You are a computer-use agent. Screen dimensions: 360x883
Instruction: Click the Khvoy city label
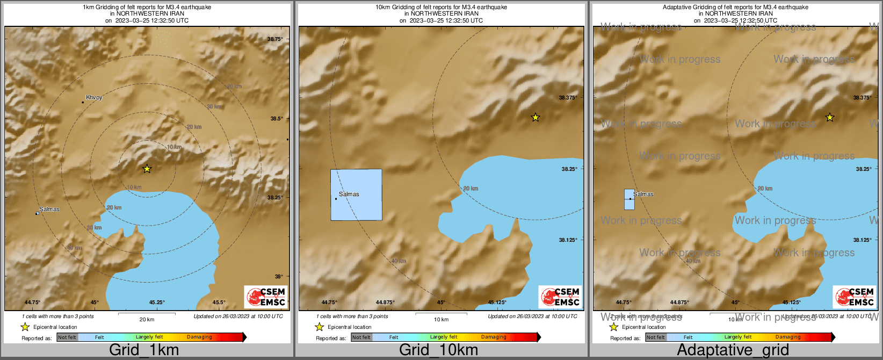point(94,98)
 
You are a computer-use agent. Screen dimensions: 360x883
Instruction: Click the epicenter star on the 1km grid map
point(147,169)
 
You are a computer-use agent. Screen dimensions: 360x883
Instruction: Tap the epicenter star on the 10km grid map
point(535,117)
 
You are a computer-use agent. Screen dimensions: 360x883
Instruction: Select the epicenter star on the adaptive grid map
point(830,117)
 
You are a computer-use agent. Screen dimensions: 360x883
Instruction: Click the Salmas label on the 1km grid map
point(49,209)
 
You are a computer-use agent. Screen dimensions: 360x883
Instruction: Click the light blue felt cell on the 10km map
point(356,195)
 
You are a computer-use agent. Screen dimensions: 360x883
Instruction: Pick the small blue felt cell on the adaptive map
point(629,199)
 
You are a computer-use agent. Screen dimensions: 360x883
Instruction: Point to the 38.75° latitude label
point(275,39)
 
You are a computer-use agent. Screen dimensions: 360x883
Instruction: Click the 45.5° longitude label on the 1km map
point(219,303)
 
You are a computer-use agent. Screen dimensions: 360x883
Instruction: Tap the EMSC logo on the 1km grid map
point(266,297)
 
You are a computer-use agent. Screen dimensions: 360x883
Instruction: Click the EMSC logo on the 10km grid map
point(560,297)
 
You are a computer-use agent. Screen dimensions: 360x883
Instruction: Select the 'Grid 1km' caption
point(144,350)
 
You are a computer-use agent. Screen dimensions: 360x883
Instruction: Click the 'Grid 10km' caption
point(438,350)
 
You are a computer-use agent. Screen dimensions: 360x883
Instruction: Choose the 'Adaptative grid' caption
point(733,350)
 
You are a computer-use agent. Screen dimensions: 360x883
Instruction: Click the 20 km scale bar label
point(147,319)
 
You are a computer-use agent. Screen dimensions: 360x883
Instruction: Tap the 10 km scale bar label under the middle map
point(441,319)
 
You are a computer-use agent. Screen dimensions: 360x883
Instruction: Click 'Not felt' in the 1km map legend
point(67,337)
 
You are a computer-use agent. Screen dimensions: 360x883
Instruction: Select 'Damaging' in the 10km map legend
point(494,337)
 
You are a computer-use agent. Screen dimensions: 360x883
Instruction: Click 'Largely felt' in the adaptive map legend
point(738,337)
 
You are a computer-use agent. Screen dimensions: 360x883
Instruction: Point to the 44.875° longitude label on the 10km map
point(385,303)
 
